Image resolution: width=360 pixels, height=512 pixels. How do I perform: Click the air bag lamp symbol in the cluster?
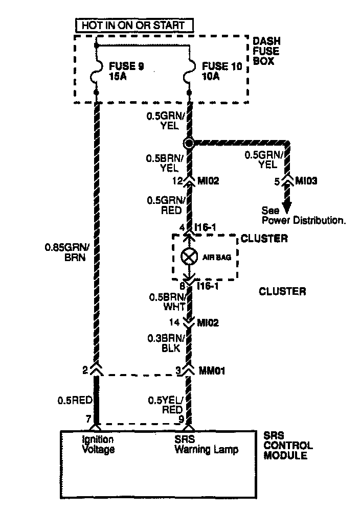(189, 257)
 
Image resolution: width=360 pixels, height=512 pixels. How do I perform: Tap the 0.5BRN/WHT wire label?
(164, 301)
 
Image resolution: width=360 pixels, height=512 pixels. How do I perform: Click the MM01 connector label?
(213, 369)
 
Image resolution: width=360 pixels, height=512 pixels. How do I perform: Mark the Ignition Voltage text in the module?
(98, 445)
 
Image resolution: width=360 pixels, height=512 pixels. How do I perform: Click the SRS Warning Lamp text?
(206, 445)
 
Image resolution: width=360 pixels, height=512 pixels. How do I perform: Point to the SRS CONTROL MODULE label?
(288, 445)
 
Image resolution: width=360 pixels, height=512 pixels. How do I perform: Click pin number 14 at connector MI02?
(175, 322)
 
